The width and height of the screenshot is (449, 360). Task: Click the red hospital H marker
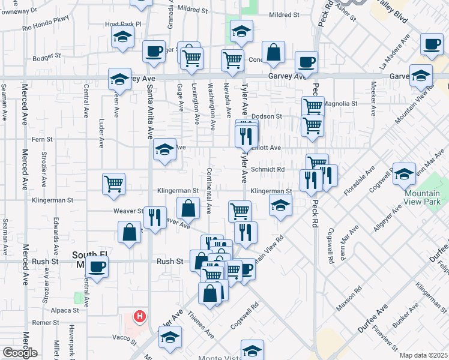click(x=140, y=316)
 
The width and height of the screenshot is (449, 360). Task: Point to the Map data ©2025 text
click(x=423, y=355)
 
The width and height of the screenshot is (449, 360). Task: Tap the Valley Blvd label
click(x=391, y=11)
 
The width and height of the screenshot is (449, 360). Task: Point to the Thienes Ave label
click(x=200, y=325)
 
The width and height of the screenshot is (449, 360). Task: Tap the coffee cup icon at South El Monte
click(x=97, y=266)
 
